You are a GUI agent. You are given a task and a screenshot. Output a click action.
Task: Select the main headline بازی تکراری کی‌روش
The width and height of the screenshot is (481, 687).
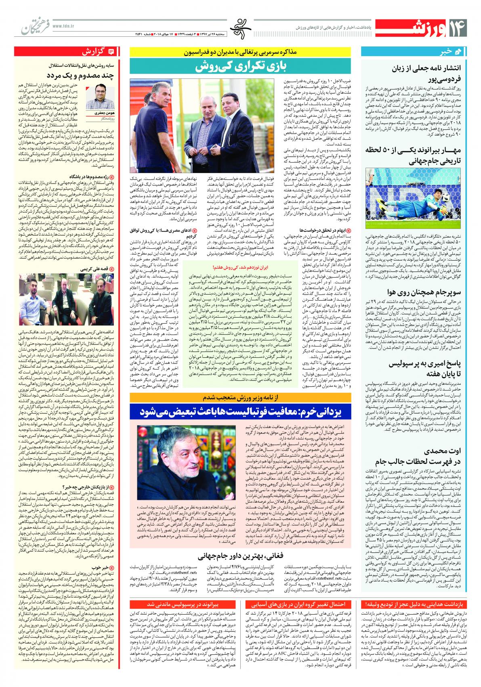[242, 67]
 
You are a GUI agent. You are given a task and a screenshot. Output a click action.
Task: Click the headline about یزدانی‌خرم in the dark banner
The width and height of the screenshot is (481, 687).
[242, 412]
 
